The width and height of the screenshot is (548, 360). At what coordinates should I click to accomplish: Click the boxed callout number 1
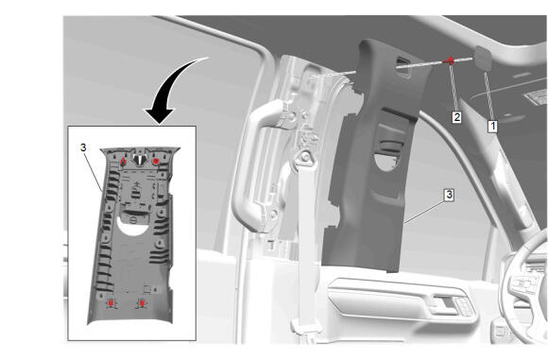492,126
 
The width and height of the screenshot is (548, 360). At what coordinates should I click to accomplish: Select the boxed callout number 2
456,117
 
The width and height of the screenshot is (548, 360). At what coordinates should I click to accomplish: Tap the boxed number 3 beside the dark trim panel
449,195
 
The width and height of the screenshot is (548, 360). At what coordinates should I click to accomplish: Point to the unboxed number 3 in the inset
83,147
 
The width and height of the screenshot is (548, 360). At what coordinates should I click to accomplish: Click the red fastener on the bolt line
450,61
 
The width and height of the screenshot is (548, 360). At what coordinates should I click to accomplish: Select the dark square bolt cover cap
483,58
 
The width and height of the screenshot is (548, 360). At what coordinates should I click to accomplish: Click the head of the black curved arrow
159,116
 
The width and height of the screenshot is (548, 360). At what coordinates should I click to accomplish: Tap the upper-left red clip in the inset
123,162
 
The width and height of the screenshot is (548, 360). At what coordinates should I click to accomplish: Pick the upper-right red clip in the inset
156,162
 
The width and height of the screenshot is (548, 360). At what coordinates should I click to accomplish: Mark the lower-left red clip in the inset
111,303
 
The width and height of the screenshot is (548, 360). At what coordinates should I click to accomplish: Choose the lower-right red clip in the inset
142,303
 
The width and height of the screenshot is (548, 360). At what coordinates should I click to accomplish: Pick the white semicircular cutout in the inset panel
133,225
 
